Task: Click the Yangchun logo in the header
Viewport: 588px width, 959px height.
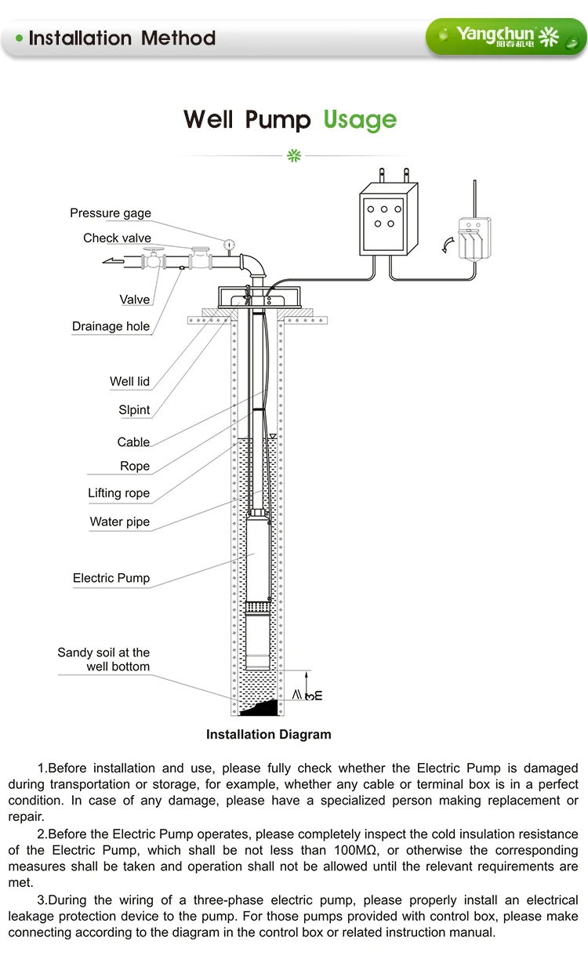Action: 506,36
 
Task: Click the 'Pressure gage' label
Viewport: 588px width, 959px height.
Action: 111,213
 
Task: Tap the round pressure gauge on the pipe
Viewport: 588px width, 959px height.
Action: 228,244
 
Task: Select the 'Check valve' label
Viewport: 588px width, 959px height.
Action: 117,238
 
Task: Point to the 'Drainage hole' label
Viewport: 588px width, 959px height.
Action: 111,327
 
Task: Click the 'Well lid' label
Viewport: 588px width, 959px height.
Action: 129,382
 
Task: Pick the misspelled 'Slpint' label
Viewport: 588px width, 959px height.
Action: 134,410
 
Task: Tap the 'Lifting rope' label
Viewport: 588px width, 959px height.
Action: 118,494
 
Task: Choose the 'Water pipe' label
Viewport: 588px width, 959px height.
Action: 119,522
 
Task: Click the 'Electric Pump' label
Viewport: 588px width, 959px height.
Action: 111,579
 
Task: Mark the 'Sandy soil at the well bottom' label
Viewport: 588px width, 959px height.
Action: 103,659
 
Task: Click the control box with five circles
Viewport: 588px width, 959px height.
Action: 383,215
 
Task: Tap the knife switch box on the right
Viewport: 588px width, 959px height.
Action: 474,238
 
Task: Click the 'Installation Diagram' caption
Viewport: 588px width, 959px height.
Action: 268,735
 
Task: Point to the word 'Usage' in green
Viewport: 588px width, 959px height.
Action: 360,120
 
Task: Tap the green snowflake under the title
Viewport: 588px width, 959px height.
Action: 294,155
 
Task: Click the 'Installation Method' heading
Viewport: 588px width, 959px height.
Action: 122,38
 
